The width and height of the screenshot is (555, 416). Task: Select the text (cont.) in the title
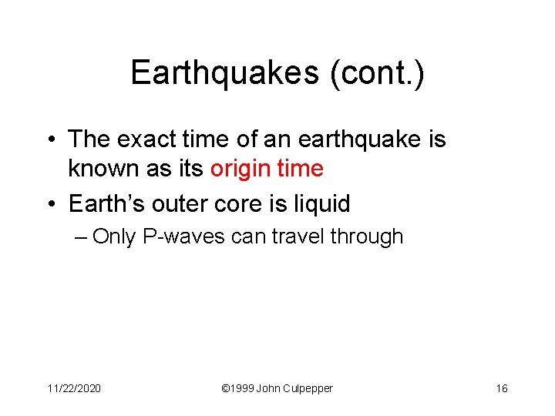377,73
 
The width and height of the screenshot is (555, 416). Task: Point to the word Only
116,237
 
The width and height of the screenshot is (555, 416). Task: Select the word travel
296,237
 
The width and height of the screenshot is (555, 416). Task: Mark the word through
367,237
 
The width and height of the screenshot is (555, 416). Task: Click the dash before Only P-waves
82,237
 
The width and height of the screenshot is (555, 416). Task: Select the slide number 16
501,388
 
